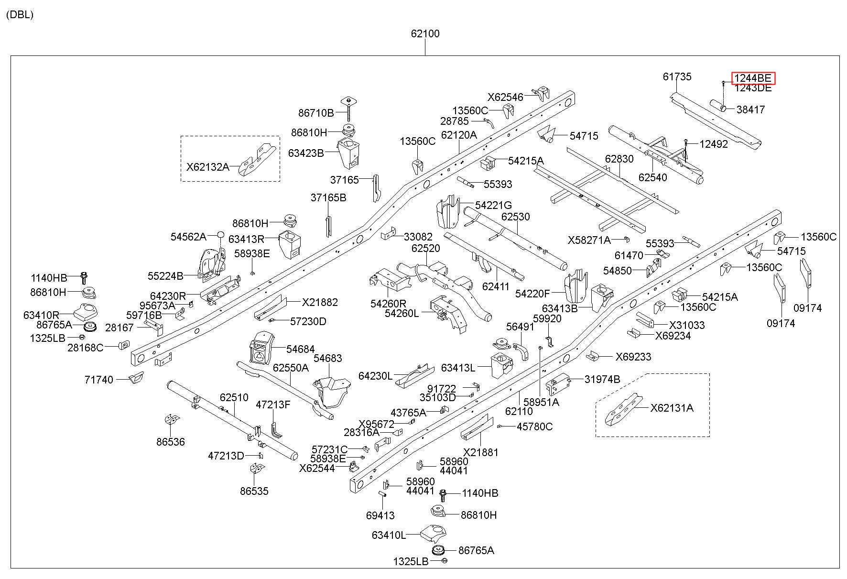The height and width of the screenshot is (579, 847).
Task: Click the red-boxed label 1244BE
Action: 753,78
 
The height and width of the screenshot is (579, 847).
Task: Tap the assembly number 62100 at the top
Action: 425,34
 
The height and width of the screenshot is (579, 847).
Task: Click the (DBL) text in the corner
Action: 20,15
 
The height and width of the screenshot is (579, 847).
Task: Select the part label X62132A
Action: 207,167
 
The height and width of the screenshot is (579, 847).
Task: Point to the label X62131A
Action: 672,408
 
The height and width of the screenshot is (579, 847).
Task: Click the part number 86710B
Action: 316,113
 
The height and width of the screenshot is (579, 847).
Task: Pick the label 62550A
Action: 291,368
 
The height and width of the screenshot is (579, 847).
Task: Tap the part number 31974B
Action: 602,379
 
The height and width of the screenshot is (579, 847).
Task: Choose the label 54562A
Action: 188,237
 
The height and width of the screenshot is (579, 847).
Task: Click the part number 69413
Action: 380,515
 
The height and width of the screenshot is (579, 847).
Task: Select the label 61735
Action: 677,76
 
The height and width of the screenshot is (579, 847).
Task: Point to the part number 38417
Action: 750,109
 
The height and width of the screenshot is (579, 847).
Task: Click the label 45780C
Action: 535,426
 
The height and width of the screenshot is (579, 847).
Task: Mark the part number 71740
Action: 99,380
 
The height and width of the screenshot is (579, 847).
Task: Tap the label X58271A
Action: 589,240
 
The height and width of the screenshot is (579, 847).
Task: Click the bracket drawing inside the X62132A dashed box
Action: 258,160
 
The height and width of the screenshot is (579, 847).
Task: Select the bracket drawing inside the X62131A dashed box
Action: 624,409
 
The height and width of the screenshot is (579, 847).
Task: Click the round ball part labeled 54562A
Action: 221,235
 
